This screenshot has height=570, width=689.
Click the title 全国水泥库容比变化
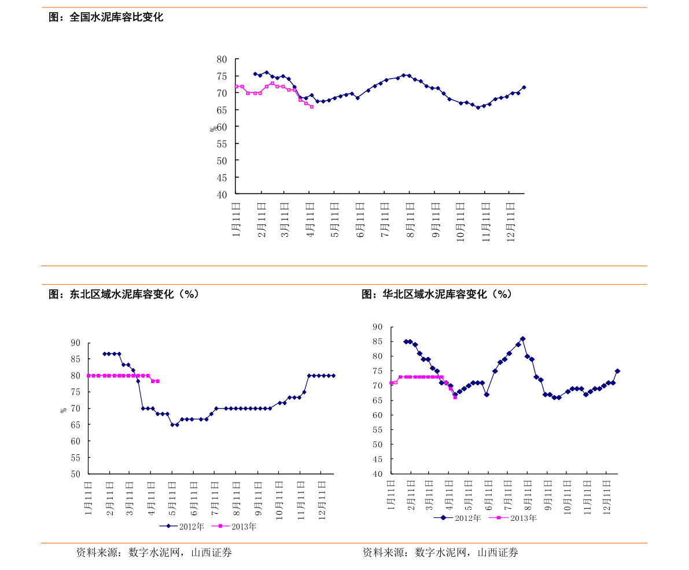tap(116, 17)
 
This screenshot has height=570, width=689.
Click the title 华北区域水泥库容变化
tap(434, 294)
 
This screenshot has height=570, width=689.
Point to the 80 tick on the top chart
tap(222, 60)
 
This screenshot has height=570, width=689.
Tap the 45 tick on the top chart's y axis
tap(222, 178)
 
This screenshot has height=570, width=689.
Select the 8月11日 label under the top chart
tap(410, 220)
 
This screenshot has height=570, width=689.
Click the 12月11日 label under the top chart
tap(511, 222)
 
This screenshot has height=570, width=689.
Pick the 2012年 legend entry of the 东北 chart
tap(182, 526)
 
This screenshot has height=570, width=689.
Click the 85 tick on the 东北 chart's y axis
tap(76, 359)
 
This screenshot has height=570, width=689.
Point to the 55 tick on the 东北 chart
tap(76, 458)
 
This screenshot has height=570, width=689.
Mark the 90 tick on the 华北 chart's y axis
tap(377, 327)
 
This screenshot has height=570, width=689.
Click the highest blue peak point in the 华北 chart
tap(522, 339)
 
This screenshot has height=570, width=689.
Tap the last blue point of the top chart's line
tap(524, 87)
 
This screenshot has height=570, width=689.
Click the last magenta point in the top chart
tap(312, 107)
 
